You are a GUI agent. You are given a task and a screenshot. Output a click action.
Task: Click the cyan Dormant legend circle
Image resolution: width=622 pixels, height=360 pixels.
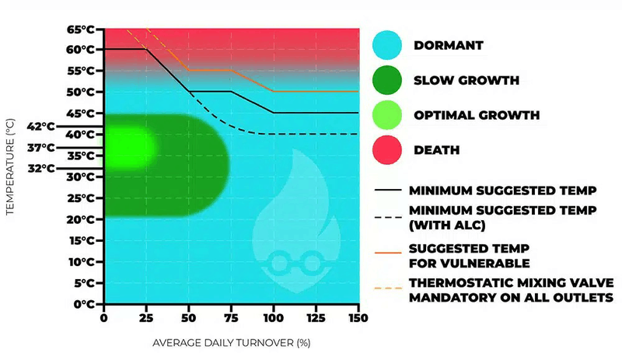387,44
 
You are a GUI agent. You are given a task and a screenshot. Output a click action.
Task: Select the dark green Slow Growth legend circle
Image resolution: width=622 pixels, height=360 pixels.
387,80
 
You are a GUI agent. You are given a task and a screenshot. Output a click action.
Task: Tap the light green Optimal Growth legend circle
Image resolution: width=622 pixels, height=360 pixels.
387,115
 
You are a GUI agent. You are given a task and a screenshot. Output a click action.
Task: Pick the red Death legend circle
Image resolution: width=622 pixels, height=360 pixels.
387,150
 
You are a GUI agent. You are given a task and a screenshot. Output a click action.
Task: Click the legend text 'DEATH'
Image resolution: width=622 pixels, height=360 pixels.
436,150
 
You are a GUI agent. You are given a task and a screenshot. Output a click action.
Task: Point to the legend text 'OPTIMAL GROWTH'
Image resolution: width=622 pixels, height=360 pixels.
476,115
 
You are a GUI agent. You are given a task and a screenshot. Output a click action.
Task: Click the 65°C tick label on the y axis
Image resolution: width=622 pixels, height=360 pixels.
82,29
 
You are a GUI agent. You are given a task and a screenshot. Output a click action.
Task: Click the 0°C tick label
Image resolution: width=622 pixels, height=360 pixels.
85,304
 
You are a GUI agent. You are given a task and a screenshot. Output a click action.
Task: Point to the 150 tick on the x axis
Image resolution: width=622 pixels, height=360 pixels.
358,317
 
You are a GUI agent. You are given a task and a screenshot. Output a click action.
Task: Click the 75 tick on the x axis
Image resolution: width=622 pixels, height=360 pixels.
231,317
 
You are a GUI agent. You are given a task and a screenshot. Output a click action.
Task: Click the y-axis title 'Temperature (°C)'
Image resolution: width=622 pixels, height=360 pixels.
10,166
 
